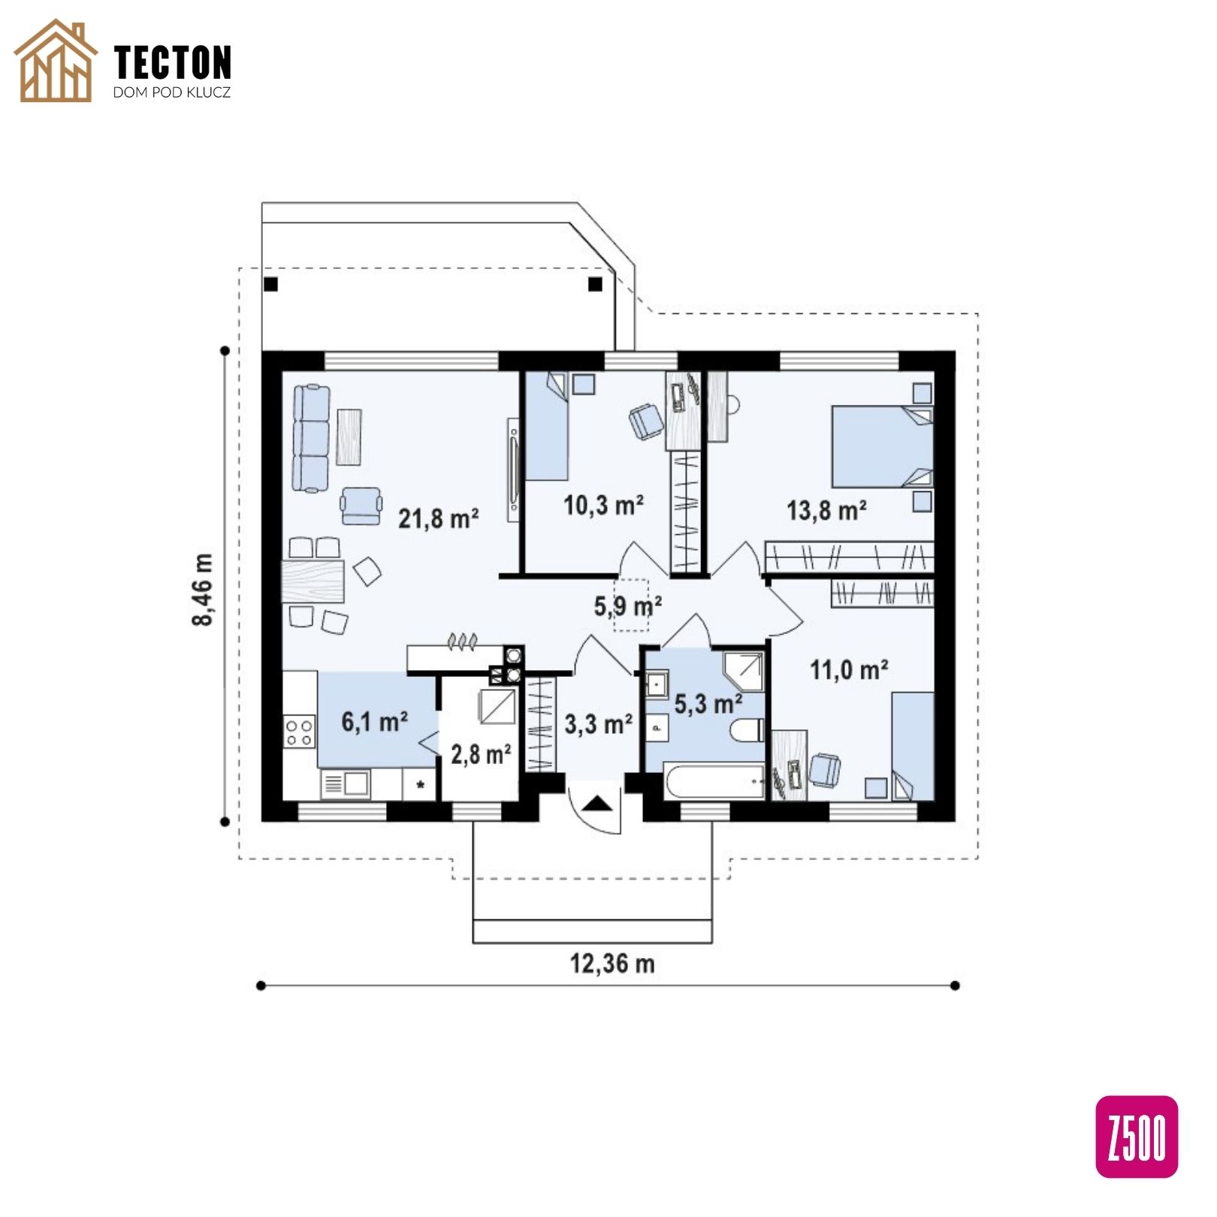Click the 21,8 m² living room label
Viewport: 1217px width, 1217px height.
(439, 518)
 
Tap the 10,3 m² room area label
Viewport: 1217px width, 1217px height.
(604, 506)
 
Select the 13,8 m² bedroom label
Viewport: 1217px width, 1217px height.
(827, 511)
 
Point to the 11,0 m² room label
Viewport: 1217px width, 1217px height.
(850, 669)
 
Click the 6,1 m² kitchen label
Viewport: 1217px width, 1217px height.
(375, 722)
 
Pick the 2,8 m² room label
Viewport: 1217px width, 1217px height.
(482, 753)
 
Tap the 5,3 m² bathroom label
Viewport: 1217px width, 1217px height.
(708, 704)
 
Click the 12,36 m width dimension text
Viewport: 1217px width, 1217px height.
(612, 963)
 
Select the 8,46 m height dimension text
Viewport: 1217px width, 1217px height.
(203, 589)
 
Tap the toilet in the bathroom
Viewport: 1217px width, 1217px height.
(747, 729)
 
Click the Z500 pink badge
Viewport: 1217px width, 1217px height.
(1137, 1136)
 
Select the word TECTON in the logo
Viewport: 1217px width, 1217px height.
(173, 62)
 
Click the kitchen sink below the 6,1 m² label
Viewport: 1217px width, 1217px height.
(345, 784)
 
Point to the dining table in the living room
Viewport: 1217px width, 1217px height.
(313, 581)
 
